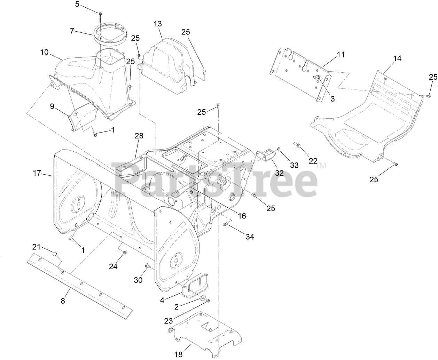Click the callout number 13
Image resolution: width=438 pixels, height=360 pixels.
158,24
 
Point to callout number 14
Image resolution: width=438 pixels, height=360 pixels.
397,58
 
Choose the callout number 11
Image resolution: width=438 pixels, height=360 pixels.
340,54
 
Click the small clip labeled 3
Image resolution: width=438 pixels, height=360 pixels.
318,78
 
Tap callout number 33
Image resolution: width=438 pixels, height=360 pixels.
294,165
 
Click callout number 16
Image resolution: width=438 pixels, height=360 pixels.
242,216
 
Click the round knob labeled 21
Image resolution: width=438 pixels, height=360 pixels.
55,253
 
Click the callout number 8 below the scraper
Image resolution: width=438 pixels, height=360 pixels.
63,301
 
